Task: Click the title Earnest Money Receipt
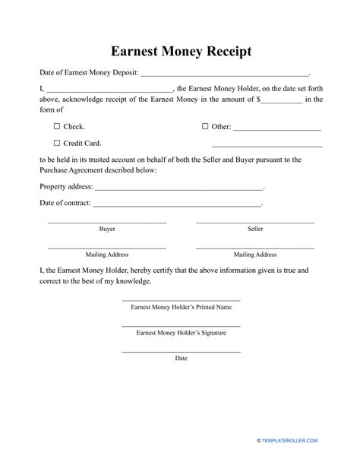[180, 52]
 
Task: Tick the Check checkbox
[57, 126]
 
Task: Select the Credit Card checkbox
[57, 143]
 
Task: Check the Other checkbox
[205, 126]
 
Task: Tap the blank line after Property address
[178, 189]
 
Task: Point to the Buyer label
[107, 229]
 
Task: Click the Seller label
[255, 229]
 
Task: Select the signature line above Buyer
[107, 222]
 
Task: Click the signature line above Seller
[255, 222]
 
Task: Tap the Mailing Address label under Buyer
[107, 254]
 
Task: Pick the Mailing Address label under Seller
[255, 254]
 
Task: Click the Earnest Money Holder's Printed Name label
[181, 307]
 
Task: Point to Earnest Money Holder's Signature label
[181, 332]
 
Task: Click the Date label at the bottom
[181, 357]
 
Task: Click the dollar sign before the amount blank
[259, 99]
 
